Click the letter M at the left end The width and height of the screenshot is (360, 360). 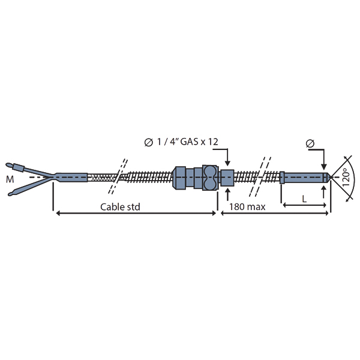click(10, 179)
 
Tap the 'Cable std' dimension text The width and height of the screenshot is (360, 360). click(120, 207)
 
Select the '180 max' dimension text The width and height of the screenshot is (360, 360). click(247, 207)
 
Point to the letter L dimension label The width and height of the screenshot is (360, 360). click(304, 199)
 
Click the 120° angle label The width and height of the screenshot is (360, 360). click(346, 177)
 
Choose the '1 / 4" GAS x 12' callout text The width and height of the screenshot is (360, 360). click(181, 142)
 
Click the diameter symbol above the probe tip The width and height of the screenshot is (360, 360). click(310, 143)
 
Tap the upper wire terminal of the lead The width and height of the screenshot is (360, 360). click(14, 166)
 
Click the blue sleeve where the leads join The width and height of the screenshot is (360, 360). click(71, 178)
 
